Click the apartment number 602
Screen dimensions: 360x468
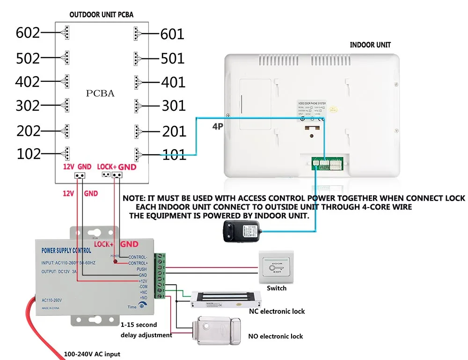pos(28,33)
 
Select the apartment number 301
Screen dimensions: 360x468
pos(174,106)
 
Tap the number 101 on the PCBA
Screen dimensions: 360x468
pos(174,155)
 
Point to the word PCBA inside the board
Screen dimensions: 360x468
pos(100,93)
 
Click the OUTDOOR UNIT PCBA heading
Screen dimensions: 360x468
pos(101,14)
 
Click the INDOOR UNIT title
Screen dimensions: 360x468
pos(370,45)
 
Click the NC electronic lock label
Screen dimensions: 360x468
pos(277,311)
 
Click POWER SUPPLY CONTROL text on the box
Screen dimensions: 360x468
pos(66,251)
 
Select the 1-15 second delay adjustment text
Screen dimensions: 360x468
pos(146,330)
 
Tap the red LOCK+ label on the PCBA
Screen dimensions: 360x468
pos(106,166)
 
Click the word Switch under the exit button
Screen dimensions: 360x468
pos(276,288)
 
